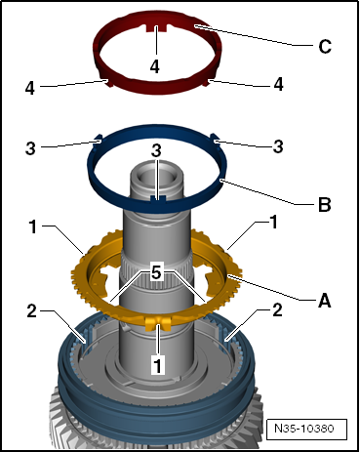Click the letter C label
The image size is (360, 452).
pos(325,46)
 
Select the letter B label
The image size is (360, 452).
pos(324,205)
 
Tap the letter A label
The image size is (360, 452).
pos(324,300)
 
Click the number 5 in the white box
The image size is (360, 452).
pos(156,272)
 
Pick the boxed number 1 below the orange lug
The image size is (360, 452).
pos(158,365)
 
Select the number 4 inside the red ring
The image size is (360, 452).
pos(155,66)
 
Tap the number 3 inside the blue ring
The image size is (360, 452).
pos(156,150)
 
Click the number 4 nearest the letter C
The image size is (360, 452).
pos(278,84)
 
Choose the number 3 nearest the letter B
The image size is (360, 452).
pos(278,146)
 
